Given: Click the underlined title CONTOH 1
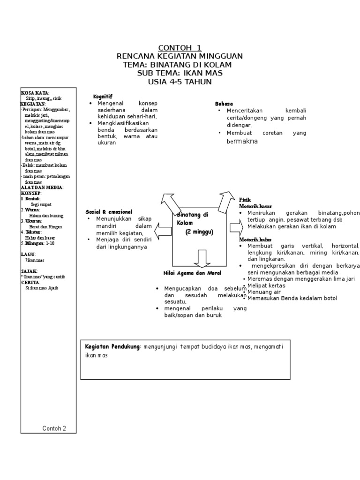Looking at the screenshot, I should [180, 48].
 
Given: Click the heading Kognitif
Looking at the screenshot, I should [103, 96].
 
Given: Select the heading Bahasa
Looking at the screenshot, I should [224, 103].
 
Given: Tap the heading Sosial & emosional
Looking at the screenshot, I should [109, 212].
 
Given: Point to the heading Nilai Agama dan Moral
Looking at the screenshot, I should [192, 273].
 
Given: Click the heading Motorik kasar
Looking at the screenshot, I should [255, 206].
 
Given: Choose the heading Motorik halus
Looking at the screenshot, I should [255, 239].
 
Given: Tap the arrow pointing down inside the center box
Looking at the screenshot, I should [202, 258].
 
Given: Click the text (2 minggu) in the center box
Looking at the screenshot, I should [199, 232].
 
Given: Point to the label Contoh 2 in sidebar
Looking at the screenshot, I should [54, 428].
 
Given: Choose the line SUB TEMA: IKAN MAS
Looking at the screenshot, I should [180, 74].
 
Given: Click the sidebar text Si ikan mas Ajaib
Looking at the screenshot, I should [41, 288].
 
